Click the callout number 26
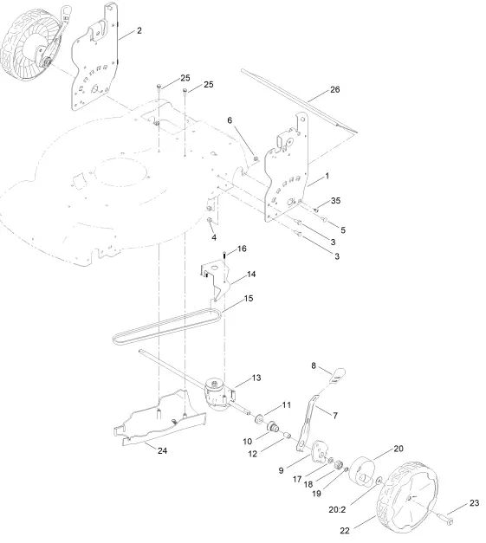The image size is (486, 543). tap(336, 90)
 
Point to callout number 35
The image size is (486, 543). tap(336, 201)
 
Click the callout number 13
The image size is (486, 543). tap(256, 378)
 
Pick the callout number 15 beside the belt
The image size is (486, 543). tap(249, 299)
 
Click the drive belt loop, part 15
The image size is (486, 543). tap(165, 326)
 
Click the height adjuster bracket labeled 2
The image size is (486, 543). tap(97, 61)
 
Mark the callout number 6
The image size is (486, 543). tap(230, 120)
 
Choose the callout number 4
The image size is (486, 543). tap(213, 237)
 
